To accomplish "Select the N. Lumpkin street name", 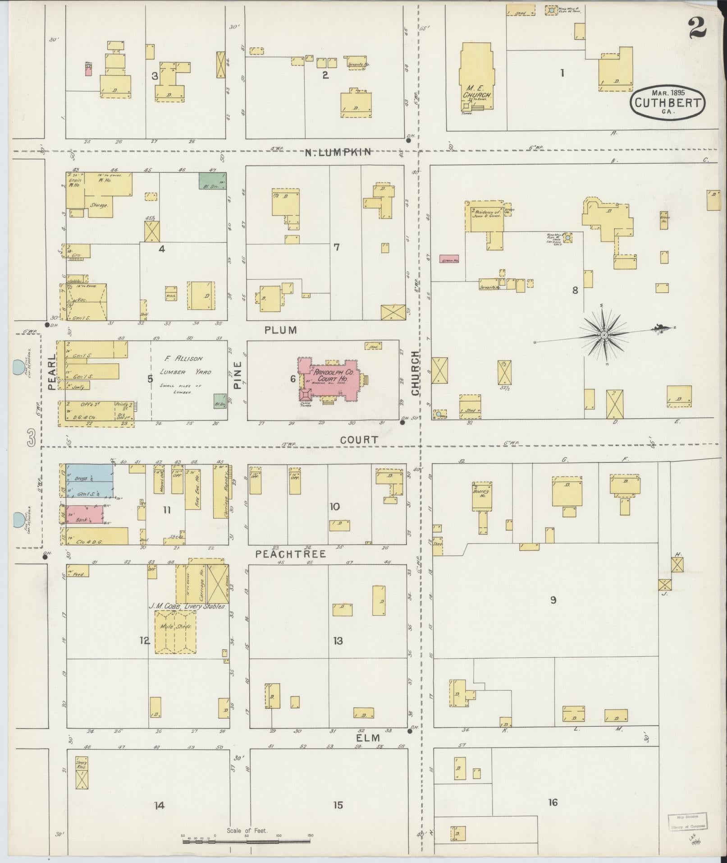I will tap(338, 152).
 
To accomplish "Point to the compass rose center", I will tap(604, 335).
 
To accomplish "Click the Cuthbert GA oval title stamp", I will tap(668, 103).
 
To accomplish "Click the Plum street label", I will tap(281, 330).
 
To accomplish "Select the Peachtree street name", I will tap(290, 554).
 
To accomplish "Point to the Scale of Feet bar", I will tap(247, 840).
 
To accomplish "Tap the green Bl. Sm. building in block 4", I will tap(212, 181).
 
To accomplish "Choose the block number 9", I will tap(553, 600).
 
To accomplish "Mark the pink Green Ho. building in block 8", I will tap(449, 261).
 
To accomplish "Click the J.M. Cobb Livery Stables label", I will tap(187, 607).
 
